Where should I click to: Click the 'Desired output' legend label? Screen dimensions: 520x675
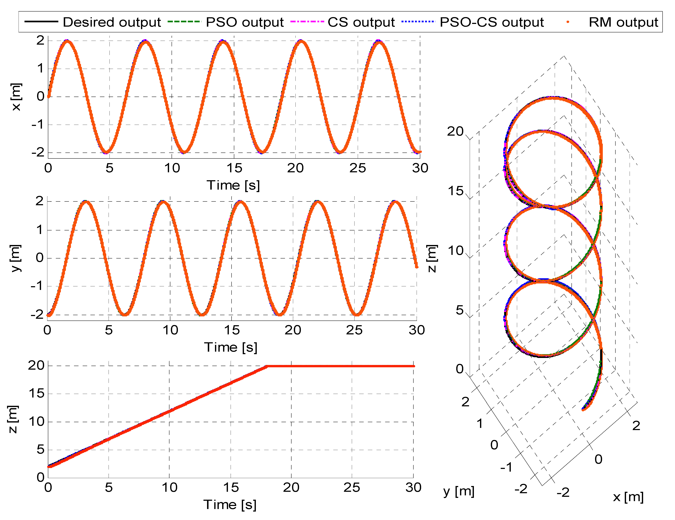click(112, 22)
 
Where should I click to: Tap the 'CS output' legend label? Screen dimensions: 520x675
click(361, 22)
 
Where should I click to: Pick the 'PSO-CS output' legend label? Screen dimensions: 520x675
click(491, 22)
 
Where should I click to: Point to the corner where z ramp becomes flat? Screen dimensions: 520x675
click(267, 366)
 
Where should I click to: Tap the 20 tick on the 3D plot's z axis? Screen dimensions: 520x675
click(455, 131)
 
